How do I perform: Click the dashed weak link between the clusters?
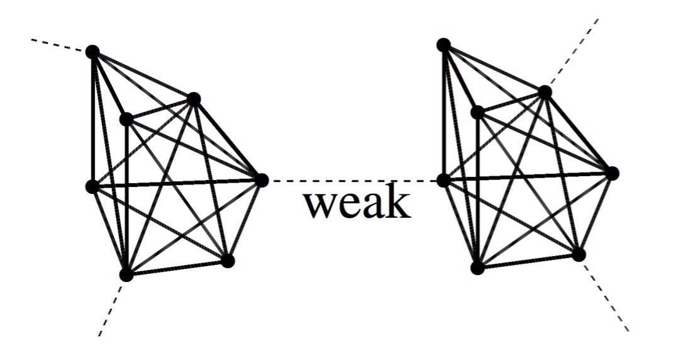coord(352,181)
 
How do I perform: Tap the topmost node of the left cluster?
coord(92,52)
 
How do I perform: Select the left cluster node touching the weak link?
coord(261,180)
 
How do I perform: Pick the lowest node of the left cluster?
coord(126,274)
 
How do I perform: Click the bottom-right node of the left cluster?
coord(228,261)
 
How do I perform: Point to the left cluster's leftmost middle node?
coord(92,186)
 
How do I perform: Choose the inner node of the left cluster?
coord(126,119)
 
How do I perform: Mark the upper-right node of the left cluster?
coord(194,99)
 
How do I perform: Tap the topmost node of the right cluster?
coord(443,45)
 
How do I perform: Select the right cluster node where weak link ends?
coord(443,180)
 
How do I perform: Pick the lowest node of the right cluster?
coord(477,268)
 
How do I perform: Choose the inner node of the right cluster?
coord(477,113)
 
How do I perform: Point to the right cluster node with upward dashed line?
coord(545,93)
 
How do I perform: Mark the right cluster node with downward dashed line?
coord(579,254)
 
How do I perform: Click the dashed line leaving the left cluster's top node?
coord(60,45)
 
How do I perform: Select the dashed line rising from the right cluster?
coord(572,54)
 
